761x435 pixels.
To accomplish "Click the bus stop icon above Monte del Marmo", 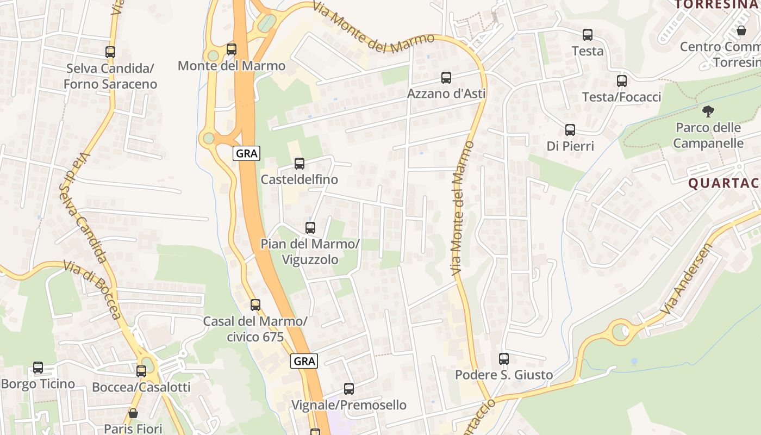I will click(x=232, y=49).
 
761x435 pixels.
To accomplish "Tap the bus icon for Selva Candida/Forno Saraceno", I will click(x=110, y=52).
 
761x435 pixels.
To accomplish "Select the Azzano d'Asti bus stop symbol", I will click(x=446, y=78).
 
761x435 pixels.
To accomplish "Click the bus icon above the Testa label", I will click(x=588, y=35).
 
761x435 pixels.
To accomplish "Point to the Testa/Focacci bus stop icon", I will click(x=622, y=81).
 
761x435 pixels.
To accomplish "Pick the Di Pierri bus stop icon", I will click(x=570, y=130).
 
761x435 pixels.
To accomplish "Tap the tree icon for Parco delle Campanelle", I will click(x=708, y=111).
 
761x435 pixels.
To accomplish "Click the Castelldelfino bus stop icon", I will click(x=300, y=163).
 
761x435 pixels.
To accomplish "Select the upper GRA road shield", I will click(x=247, y=153).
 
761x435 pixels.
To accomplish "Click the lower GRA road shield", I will click(x=304, y=361).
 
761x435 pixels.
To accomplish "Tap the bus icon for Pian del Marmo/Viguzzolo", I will click(x=310, y=228).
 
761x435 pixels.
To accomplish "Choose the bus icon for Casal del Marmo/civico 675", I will click(x=255, y=305).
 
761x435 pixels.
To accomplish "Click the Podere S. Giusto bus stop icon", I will click(x=504, y=359).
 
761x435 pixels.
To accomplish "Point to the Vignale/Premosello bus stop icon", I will click(x=349, y=389).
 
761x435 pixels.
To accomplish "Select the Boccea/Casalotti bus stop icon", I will click(x=141, y=371).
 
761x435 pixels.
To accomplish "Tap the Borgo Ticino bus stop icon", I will click(x=38, y=368).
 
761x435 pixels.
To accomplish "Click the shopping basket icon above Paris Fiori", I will click(x=133, y=413).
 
